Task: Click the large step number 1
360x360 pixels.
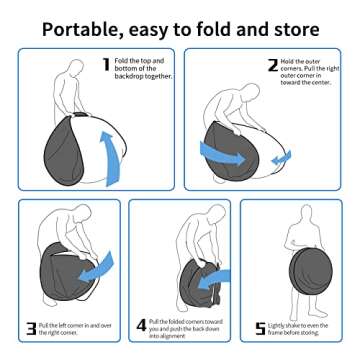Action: (106, 66)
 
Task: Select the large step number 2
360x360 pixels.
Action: (272, 67)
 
